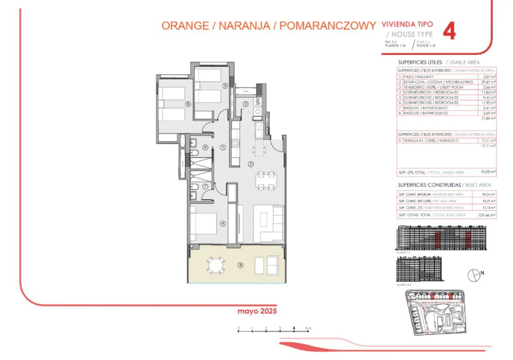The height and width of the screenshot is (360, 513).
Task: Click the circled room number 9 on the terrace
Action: [x=241, y=265]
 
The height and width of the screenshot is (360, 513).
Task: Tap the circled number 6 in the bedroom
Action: [x=188, y=103]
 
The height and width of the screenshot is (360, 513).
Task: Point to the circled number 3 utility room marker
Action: [x=246, y=104]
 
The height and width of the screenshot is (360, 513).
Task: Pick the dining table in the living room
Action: [x=265, y=181]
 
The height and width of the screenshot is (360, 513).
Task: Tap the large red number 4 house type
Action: [x=449, y=32]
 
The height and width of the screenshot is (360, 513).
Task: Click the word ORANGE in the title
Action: [x=184, y=26]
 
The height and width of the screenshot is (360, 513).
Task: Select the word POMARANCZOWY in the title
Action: [x=328, y=26]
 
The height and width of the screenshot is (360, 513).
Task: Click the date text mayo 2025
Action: [x=257, y=311]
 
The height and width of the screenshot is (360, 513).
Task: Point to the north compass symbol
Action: [x=474, y=275]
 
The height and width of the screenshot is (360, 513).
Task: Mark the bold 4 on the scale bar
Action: [x=294, y=328]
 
